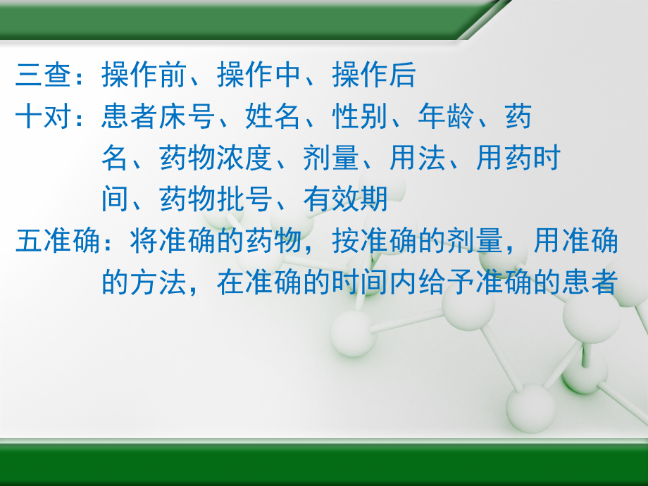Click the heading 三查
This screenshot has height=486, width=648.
click(44, 75)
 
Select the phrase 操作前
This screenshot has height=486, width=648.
click(144, 75)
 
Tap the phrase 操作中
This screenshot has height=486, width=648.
click(259, 75)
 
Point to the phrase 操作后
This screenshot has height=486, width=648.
click(374, 75)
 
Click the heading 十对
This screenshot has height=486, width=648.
click(44, 117)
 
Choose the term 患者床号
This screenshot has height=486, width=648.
click(158, 117)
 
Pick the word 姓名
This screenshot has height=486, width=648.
click(273, 117)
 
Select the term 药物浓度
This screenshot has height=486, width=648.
click(216, 158)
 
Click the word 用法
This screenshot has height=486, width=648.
click(417, 158)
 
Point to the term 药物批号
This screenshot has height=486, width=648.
click(216, 200)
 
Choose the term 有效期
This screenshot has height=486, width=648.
click(345, 200)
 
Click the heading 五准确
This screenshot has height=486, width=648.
click(58, 242)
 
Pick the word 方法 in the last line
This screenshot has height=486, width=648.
click(158, 283)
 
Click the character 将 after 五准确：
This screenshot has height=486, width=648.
click(144, 242)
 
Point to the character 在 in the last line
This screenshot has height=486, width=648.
click(230, 283)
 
